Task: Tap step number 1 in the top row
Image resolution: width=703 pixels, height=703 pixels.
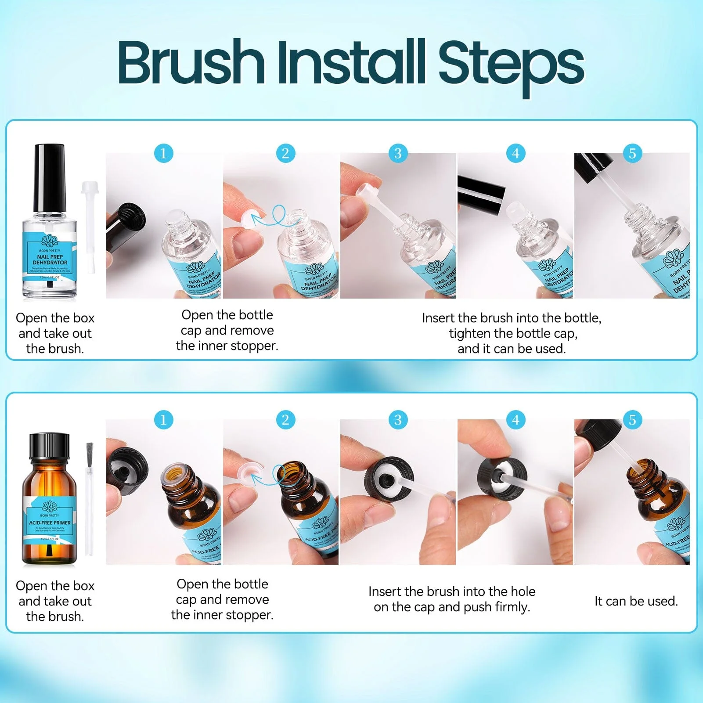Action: [x=163, y=153]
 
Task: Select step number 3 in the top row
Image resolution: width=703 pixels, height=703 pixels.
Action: [x=398, y=153]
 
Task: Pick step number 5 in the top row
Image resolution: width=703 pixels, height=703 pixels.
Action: [x=632, y=153]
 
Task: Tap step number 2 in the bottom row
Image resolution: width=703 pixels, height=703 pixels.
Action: [x=285, y=420]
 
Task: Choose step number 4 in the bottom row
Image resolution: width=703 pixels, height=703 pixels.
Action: [x=516, y=420]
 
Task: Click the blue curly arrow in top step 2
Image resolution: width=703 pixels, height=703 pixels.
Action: [x=275, y=217]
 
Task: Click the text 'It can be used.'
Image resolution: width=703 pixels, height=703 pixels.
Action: [x=636, y=601]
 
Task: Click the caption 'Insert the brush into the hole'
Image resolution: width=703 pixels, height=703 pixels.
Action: [x=451, y=591]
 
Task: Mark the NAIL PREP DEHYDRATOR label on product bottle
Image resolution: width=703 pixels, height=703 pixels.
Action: [x=50, y=259]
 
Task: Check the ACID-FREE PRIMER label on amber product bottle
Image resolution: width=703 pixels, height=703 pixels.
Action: [x=50, y=523]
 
